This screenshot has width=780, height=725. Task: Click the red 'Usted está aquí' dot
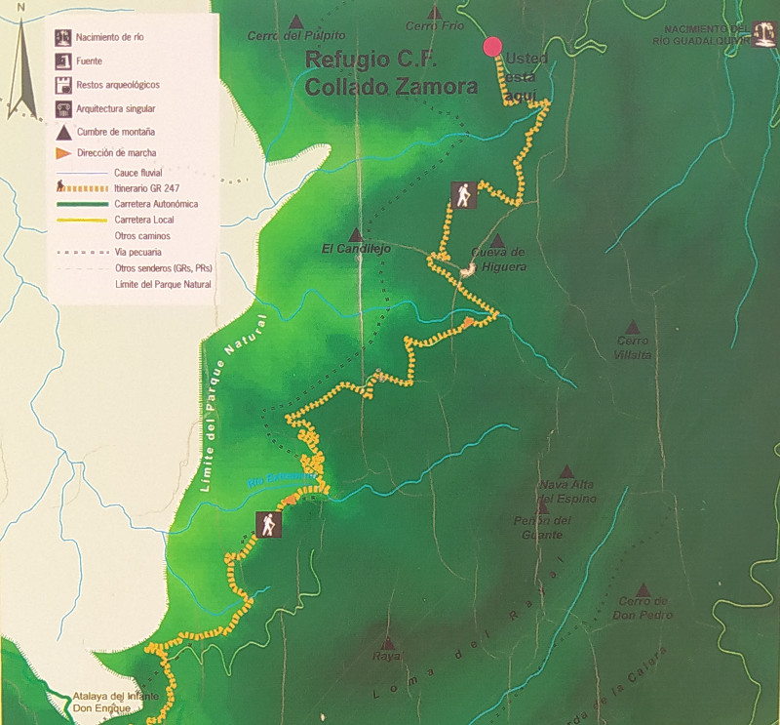coord(492,47)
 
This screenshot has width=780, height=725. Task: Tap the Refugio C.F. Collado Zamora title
coord(391,73)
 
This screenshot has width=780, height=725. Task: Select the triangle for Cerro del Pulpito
coord(296,21)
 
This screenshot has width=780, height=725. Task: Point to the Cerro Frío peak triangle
coord(435,13)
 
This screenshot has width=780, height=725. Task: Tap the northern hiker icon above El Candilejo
coord(463,196)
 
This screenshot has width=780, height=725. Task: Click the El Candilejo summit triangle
coord(356,235)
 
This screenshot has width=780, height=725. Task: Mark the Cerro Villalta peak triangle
coord(633,328)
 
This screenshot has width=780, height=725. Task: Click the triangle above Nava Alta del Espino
coord(565,471)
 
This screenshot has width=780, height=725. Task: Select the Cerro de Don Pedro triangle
coord(643,589)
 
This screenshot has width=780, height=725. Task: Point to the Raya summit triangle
coord(387,644)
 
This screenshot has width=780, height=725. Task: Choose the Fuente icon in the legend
coord(62,61)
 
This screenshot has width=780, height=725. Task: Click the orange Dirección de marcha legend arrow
coord(62,153)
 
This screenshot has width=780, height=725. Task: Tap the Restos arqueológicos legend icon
coord(62,85)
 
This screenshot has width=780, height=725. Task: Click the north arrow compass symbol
coord(21,59)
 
